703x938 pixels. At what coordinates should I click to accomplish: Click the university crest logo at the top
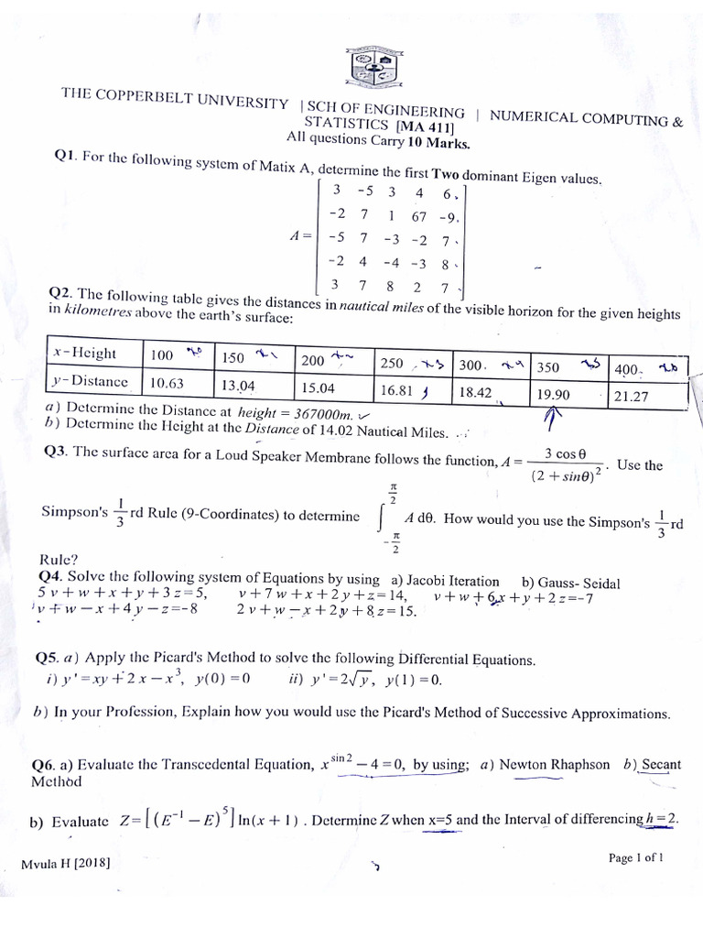click(x=375, y=67)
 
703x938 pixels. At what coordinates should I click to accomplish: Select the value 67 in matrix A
click(x=419, y=216)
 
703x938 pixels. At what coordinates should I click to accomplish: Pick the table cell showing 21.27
click(x=632, y=397)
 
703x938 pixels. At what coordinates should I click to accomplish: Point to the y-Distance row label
click(x=90, y=380)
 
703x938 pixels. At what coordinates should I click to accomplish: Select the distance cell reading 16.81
click(x=398, y=391)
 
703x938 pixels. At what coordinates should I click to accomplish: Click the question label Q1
click(x=64, y=157)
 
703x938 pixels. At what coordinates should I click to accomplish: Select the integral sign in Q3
click(x=382, y=518)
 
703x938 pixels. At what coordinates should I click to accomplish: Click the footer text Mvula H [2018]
click(x=65, y=864)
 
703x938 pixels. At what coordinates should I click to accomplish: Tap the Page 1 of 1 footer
click(x=635, y=858)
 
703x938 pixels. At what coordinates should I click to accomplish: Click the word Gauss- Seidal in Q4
click(x=570, y=583)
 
